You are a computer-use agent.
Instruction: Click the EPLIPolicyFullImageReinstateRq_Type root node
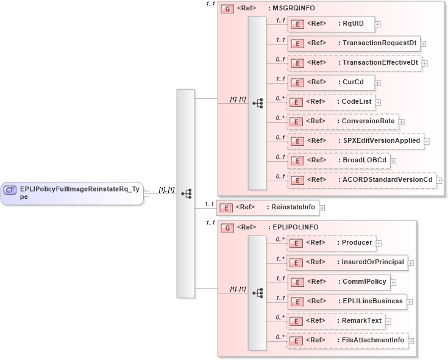click(72, 193)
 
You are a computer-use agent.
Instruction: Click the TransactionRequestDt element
click(354, 43)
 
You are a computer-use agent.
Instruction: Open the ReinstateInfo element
click(268, 207)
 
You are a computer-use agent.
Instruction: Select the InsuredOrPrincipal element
click(347, 262)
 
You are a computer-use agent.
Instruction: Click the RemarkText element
click(336, 321)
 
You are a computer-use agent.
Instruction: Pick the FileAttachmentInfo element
click(347, 340)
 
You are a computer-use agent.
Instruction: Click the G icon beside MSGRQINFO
click(227, 9)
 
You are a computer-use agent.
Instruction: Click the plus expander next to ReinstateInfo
click(322, 208)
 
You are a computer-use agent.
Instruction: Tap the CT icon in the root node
click(10, 190)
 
